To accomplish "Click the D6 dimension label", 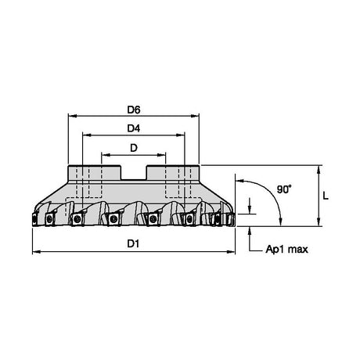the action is (134, 110).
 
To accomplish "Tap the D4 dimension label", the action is (134, 128).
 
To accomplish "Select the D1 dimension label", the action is (133, 243).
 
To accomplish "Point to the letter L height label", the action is (326, 196).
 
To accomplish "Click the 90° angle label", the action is (284, 189).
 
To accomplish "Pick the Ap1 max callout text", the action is (286, 250).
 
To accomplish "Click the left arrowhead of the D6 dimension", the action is (72, 116).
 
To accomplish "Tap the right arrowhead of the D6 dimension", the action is (195, 116).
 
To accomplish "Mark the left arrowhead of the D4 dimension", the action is (87, 135).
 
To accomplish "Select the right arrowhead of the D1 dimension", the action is (231, 252).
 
